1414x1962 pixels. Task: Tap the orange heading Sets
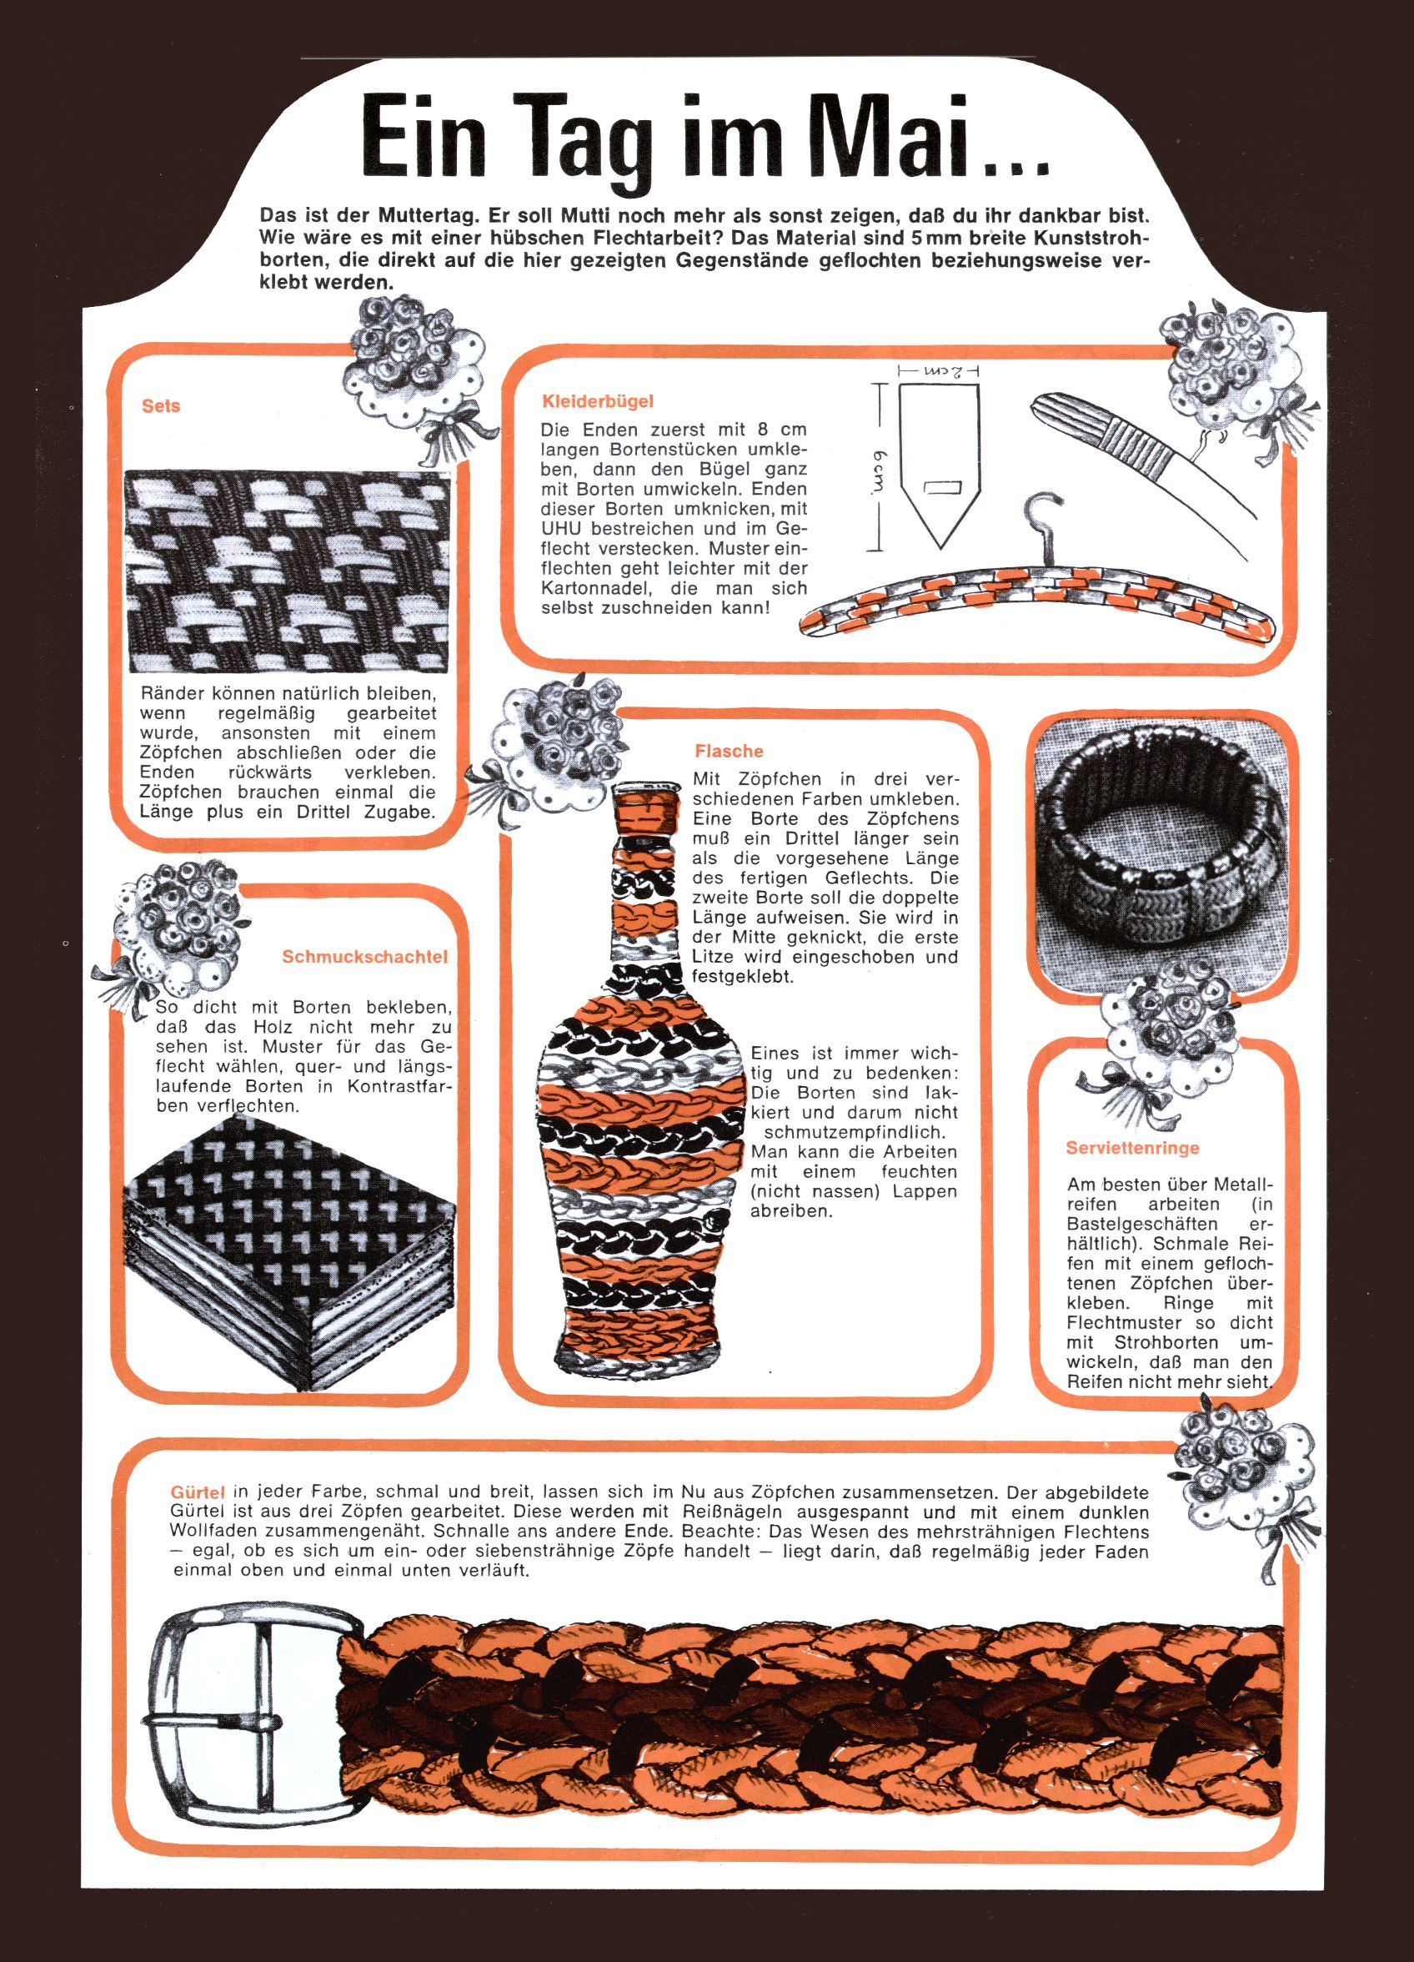[x=161, y=405]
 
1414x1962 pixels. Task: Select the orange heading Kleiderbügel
[x=598, y=401]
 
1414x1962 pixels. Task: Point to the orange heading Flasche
[x=728, y=751]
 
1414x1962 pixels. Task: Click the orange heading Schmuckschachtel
[x=365, y=957]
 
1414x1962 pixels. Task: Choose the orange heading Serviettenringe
[x=1133, y=1148]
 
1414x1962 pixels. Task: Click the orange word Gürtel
[x=198, y=1492]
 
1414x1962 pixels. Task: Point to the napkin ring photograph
[x=1162, y=852]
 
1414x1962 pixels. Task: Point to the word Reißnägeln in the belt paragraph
[x=733, y=1512]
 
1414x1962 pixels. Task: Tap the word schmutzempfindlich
[x=854, y=1132]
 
